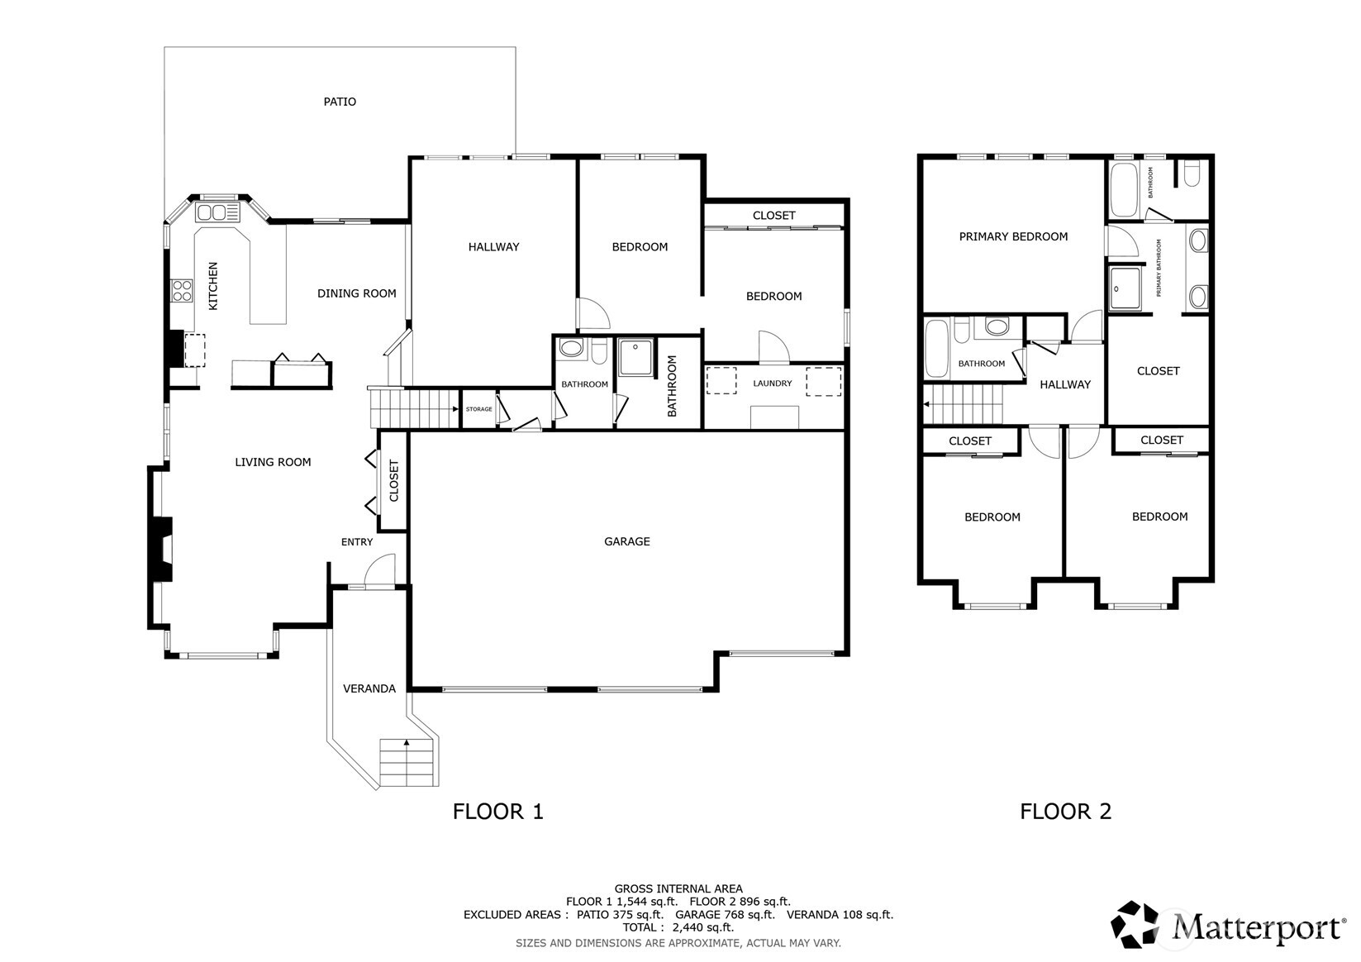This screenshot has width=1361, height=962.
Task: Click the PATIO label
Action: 340,102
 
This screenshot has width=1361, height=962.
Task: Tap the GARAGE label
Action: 626,541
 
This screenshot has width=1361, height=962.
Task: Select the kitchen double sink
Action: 212,213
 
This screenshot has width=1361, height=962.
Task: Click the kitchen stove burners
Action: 181,290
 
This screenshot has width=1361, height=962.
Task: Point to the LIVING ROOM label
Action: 273,462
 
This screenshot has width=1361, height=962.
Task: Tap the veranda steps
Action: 407,763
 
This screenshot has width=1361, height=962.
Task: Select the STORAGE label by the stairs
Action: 478,409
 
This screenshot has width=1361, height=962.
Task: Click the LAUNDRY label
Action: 772,383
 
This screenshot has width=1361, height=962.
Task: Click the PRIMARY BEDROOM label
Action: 1013,236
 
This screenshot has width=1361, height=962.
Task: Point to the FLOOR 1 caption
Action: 497,811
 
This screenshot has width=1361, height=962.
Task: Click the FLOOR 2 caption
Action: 1065,811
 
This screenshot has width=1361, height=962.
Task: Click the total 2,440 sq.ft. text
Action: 678,927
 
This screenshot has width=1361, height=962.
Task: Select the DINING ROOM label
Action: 356,293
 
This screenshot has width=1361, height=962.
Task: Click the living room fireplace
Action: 160,550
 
